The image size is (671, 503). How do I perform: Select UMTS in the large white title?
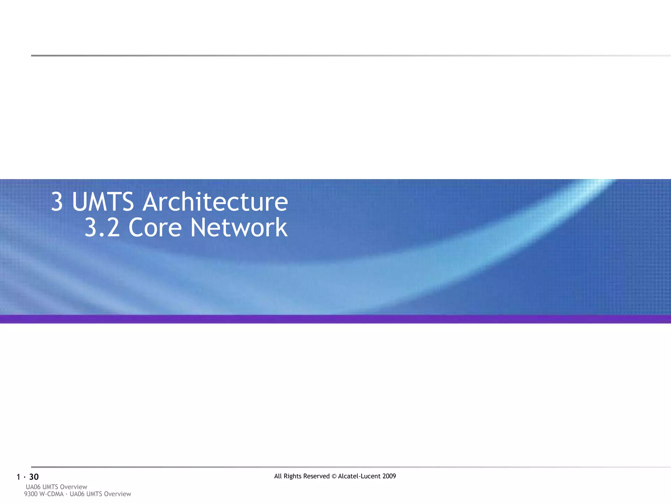coord(103,202)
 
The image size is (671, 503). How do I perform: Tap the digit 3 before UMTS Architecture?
coord(57,202)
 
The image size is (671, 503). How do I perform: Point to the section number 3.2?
coord(102,228)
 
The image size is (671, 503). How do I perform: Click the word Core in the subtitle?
coord(155,228)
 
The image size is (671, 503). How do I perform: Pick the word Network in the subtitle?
coord(239,228)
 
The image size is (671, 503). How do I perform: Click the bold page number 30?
coord(34,477)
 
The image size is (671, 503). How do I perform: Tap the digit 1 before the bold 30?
coord(18,477)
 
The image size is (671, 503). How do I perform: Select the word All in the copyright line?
coord(278,476)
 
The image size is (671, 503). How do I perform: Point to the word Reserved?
coord(316,476)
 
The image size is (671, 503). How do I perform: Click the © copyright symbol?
coord(334,476)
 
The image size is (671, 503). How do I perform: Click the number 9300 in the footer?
coord(31,494)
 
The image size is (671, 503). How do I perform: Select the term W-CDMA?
coord(51,494)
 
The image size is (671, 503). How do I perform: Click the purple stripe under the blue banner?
coord(335,319)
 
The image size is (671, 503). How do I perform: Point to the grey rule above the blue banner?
coord(335,56)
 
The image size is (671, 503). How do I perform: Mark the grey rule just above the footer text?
coord(335,467)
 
